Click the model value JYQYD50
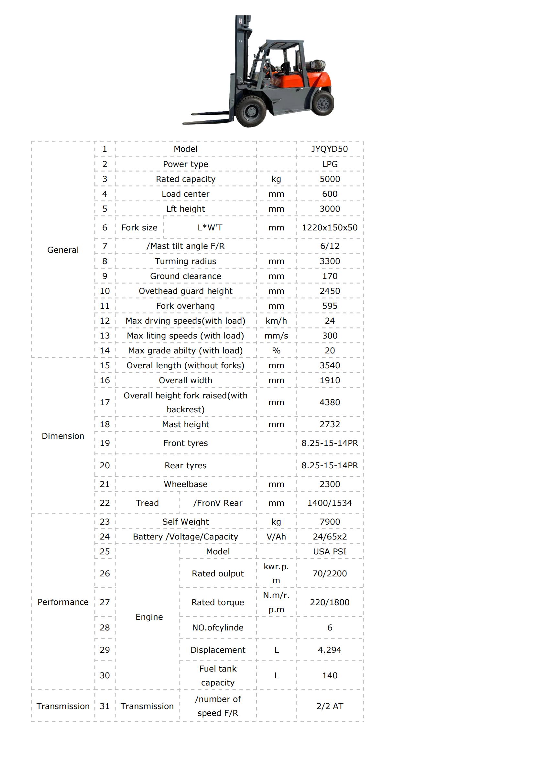click(x=329, y=149)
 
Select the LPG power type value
click(x=329, y=164)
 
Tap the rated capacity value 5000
click(x=329, y=179)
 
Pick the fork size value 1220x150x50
click(x=329, y=228)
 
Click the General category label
click(x=63, y=250)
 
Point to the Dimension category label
click(x=63, y=436)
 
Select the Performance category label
click(x=63, y=602)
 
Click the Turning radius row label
click(x=185, y=261)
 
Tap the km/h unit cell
click(x=276, y=321)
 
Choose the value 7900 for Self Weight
click(x=329, y=522)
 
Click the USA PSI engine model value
click(x=329, y=551)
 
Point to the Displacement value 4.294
click(x=329, y=650)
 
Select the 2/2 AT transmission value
click(x=329, y=706)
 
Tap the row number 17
click(x=105, y=402)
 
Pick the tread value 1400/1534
click(x=329, y=503)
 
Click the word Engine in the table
click(x=149, y=617)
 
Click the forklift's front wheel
click(x=251, y=111)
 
